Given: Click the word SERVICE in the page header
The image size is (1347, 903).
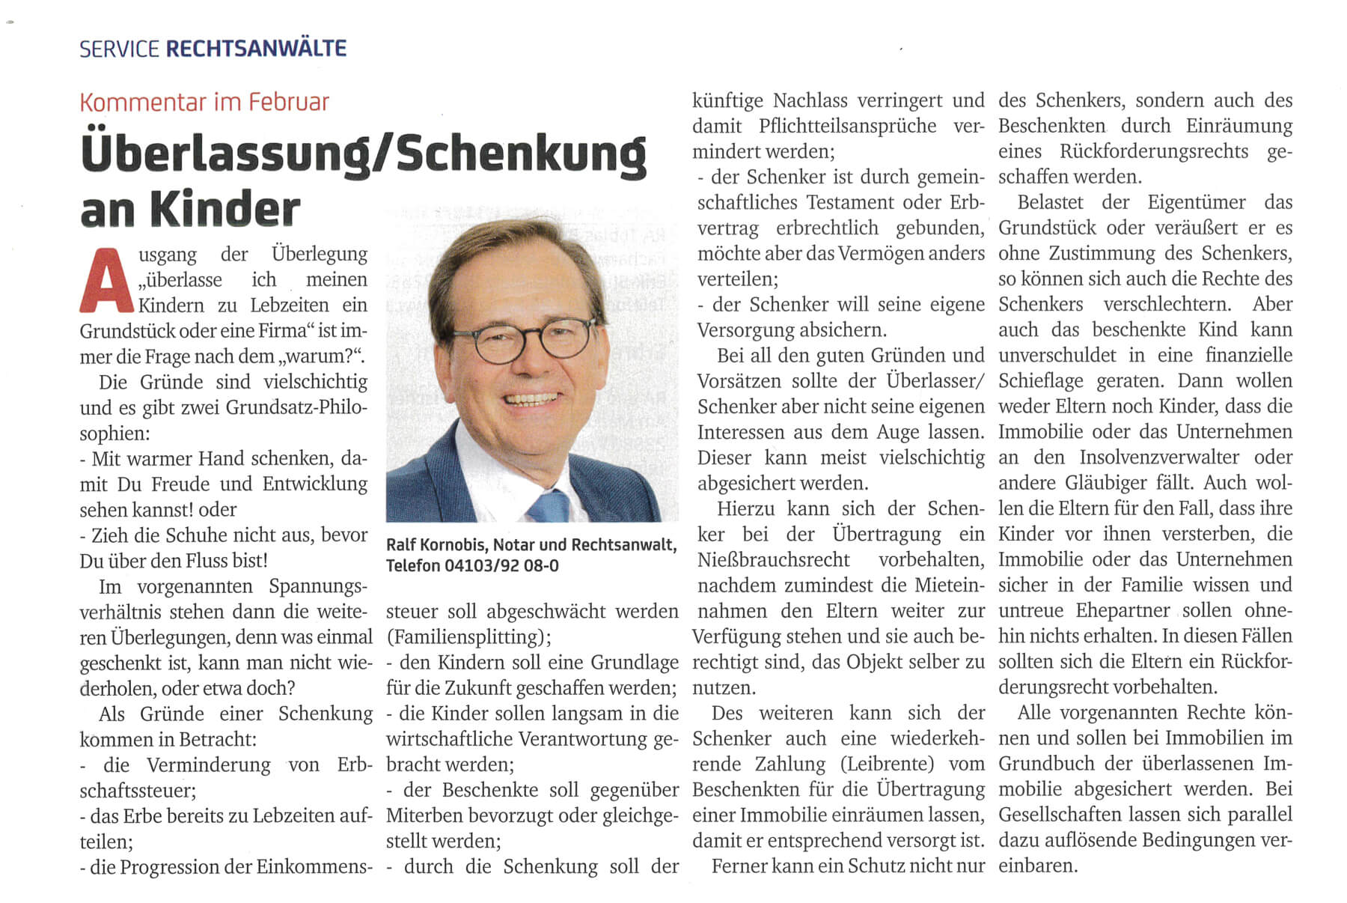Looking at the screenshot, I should pyautogui.click(x=119, y=49).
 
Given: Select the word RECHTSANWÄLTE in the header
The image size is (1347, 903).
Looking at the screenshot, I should pyautogui.click(x=256, y=49).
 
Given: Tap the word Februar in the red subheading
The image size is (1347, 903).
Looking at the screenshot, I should pyautogui.click(x=291, y=102).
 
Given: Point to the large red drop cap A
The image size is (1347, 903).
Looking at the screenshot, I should pyautogui.click(x=108, y=281).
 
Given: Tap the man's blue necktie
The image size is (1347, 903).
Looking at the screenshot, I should pyautogui.click(x=550, y=505).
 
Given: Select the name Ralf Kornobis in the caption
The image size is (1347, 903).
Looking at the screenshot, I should pyautogui.click(x=435, y=545).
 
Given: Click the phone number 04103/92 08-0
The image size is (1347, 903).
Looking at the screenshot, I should pyautogui.click(x=501, y=565).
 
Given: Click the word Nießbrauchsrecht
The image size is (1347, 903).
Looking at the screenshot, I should pyautogui.click(x=773, y=560).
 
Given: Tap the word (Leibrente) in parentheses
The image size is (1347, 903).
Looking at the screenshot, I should pyautogui.click(x=888, y=764).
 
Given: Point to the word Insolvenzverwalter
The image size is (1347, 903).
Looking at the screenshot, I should pyautogui.click(x=1159, y=457).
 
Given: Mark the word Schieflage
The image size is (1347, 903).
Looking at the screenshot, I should pyautogui.click(x=1040, y=380).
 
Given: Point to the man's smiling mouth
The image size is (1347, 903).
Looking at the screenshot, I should pyautogui.click(x=531, y=400).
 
